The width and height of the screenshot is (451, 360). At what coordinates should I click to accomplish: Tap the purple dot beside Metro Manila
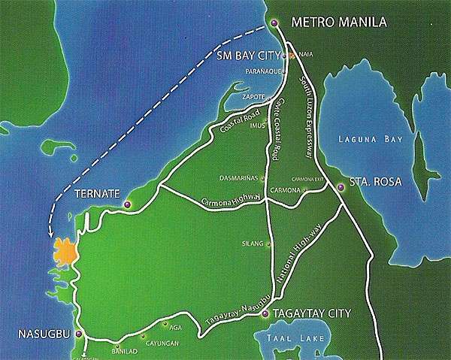(x=274, y=23)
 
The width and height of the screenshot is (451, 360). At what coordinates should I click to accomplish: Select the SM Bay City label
(x=251, y=55)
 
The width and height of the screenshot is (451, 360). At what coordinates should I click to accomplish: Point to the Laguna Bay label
(x=371, y=139)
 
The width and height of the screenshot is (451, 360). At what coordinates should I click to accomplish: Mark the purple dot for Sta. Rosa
(x=341, y=187)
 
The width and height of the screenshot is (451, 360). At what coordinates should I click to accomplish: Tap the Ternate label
(x=98, y=194)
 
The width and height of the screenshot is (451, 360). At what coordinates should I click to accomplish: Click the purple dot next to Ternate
(x=128, y=204)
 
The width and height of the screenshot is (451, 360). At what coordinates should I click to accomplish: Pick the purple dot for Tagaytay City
(x=265, y=315)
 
